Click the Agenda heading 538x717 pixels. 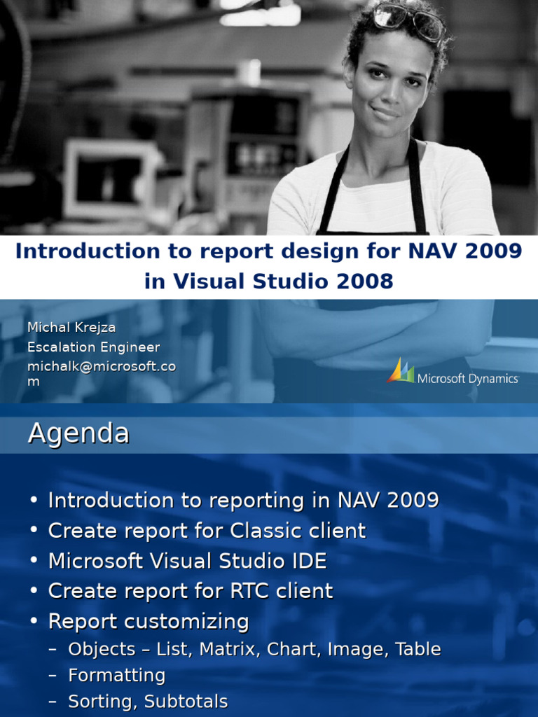coord(78,433)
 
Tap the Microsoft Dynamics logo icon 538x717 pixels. coord(400,371)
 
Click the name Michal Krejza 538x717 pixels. coord(71,328)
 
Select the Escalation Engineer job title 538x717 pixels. coord(93,347)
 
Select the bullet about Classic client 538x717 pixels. coord(207,531)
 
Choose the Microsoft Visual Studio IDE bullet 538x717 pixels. coord(187,561)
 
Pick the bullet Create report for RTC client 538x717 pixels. coord(191,591)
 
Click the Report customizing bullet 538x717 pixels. coord(149,621)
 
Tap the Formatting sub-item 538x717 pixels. coord(116,676)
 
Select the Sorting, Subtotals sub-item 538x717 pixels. coord(147,702)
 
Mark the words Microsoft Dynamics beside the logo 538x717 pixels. coord(468,379)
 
